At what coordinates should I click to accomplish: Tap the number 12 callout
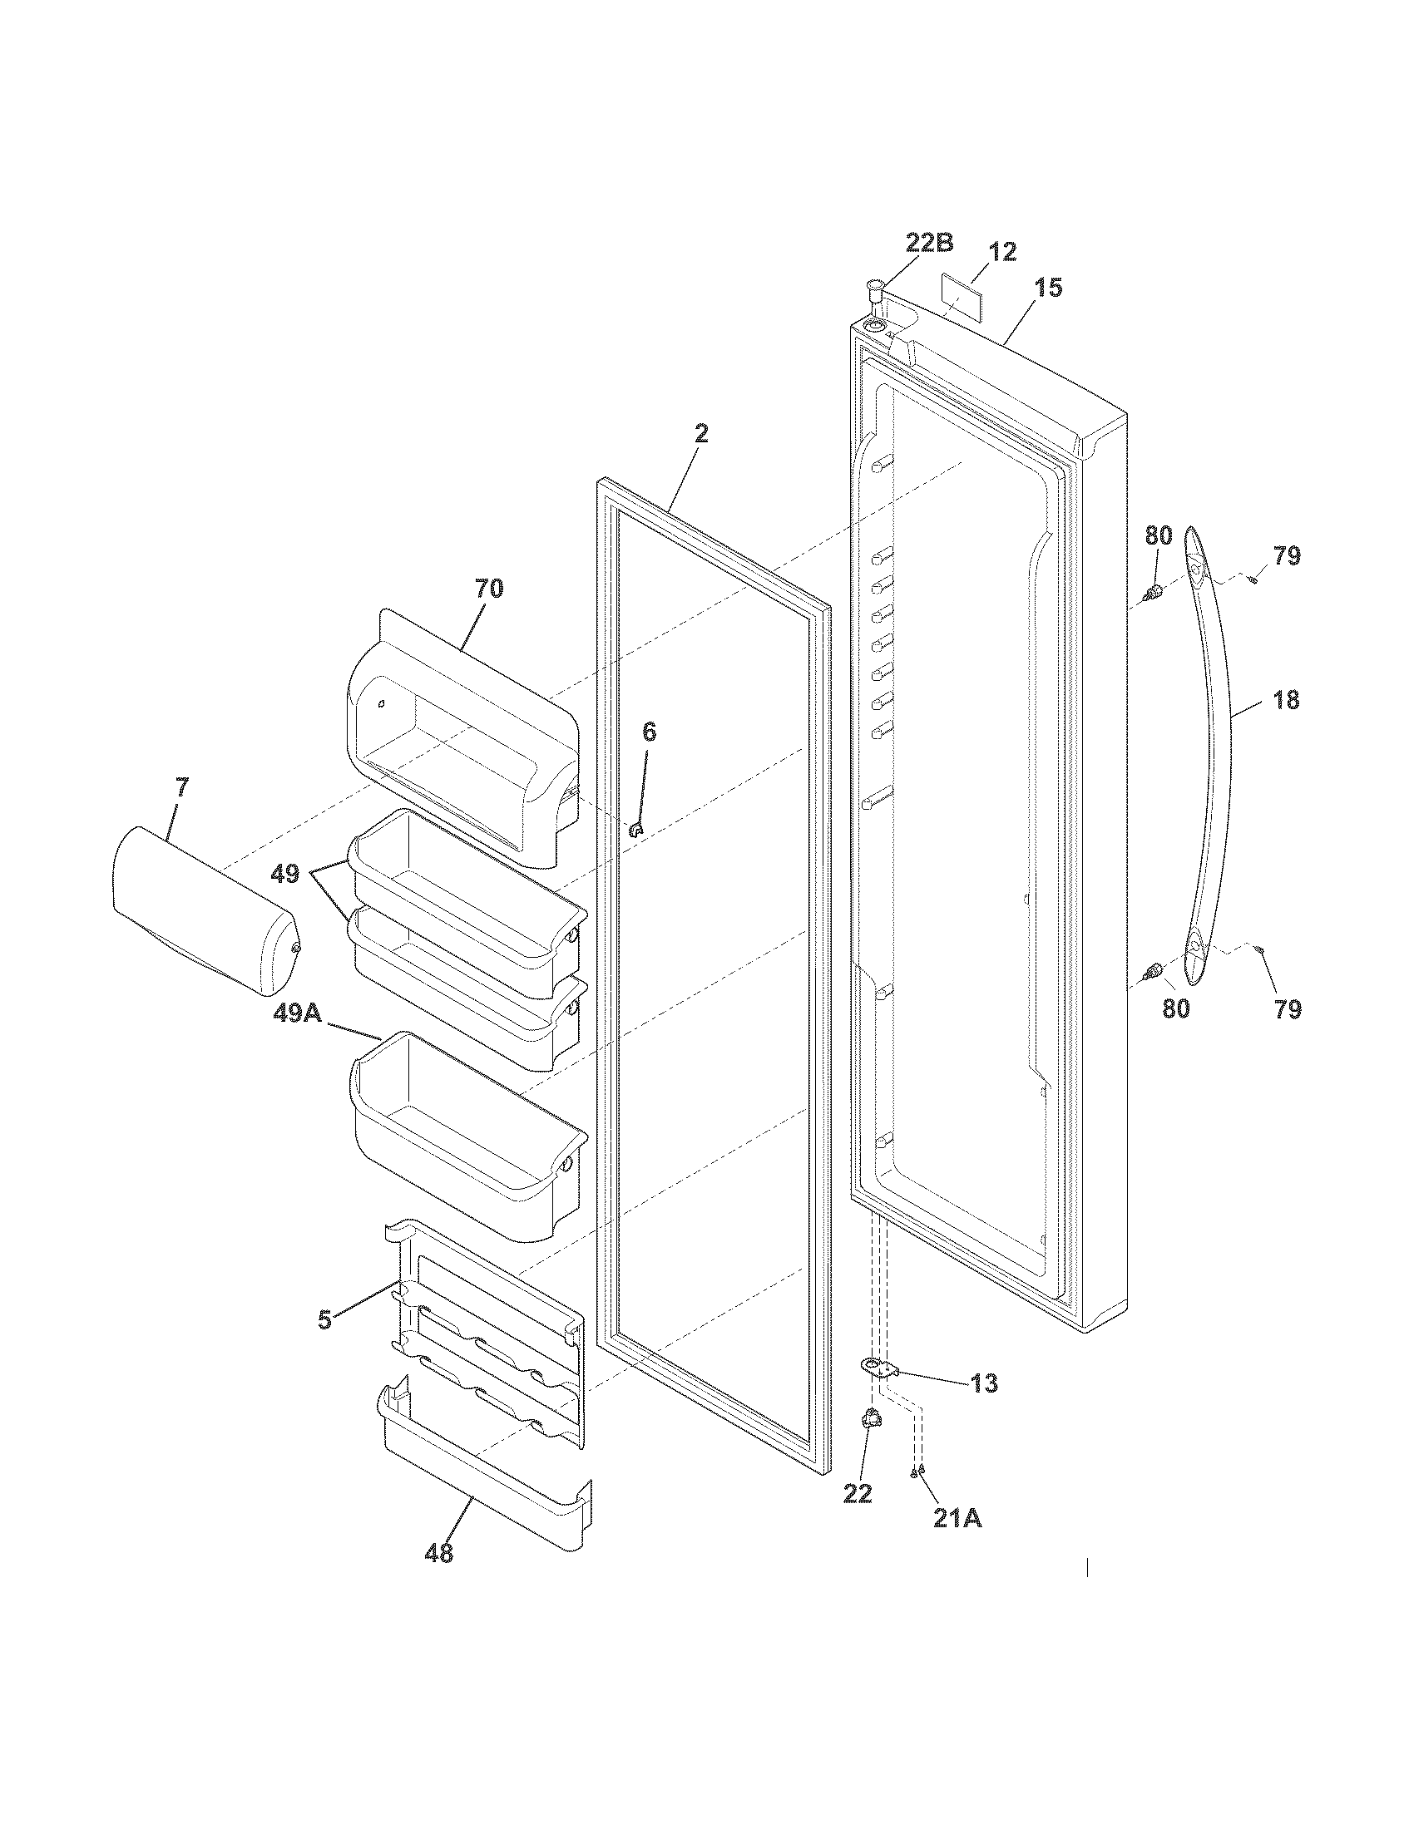coord(1002,251)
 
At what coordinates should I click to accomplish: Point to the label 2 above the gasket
coord(701,433)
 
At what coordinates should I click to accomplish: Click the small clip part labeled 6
coord(635,830)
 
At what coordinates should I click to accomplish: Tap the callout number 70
coord(489,589)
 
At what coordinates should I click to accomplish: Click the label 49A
coord(299,1014)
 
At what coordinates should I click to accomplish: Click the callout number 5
coord(324,1321)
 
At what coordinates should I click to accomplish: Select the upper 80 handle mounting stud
coord(1155,593)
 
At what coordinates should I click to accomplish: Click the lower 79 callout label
coord(1288,1010)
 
